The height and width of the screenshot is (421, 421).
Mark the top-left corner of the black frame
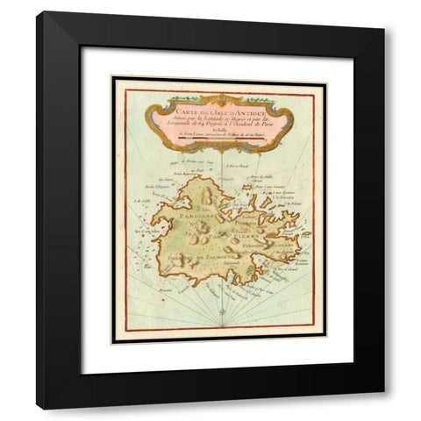[x=38, y=12]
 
